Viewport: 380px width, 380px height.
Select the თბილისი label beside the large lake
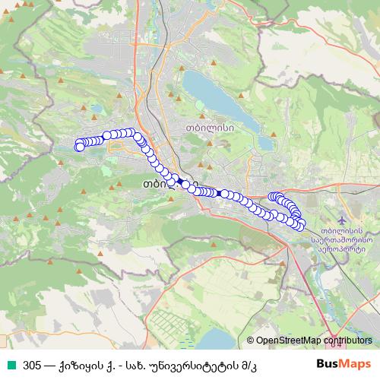pos(203,129)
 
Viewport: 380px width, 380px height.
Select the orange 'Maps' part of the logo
pos(355,363)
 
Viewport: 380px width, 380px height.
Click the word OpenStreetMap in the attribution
pos(289,341)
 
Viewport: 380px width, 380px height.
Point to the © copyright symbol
pos(251,341)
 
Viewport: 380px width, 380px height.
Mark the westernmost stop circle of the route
pos(79,146)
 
